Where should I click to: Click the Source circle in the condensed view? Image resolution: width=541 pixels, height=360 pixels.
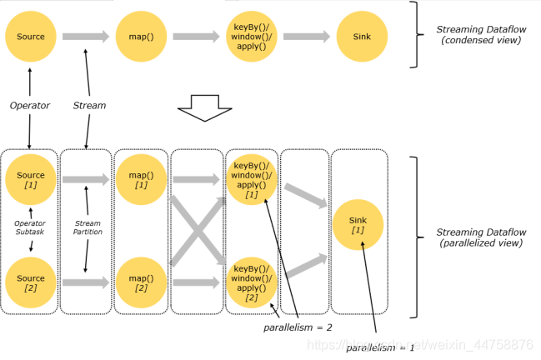click(31, 37)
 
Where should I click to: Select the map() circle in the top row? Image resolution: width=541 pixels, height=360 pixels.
click(141, 37)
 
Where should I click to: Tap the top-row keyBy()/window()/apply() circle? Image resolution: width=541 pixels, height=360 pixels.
click(251, 37)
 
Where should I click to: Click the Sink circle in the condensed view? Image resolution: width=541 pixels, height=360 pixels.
click(362, 37)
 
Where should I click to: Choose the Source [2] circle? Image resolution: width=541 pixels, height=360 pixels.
click(31, 282)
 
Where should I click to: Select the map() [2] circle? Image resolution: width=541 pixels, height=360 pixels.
click(141, 282)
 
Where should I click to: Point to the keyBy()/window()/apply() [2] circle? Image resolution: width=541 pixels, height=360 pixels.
click(251, 282)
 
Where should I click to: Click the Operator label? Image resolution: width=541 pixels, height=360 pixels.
click(31, 106)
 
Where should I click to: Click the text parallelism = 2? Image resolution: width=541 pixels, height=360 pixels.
click(298, 327)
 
